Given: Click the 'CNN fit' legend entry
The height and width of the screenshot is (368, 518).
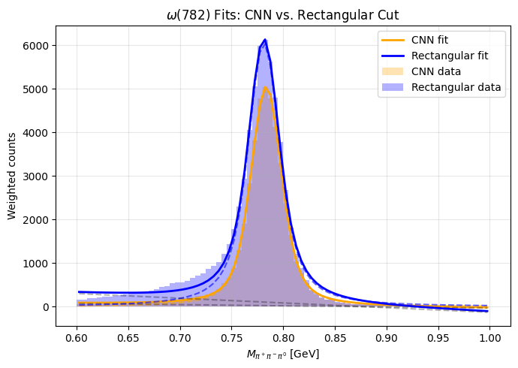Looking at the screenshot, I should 441,41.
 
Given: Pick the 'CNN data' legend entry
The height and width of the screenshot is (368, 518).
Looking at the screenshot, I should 441,71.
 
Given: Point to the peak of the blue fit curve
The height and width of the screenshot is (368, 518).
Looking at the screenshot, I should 265,40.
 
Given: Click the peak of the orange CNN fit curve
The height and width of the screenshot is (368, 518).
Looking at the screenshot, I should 265,87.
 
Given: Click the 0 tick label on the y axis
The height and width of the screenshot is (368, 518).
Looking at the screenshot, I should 45,307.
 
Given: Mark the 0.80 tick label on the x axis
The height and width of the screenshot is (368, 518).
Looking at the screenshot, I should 283,339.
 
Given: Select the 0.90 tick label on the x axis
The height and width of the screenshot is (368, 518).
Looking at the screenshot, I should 387,339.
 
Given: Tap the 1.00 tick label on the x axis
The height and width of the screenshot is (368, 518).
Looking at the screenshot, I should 489,339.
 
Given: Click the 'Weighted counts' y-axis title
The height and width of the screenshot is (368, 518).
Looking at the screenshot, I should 12,176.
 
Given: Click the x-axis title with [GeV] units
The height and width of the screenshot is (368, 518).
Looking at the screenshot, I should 283,354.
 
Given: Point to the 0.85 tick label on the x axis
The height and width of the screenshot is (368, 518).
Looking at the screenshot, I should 335,339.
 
